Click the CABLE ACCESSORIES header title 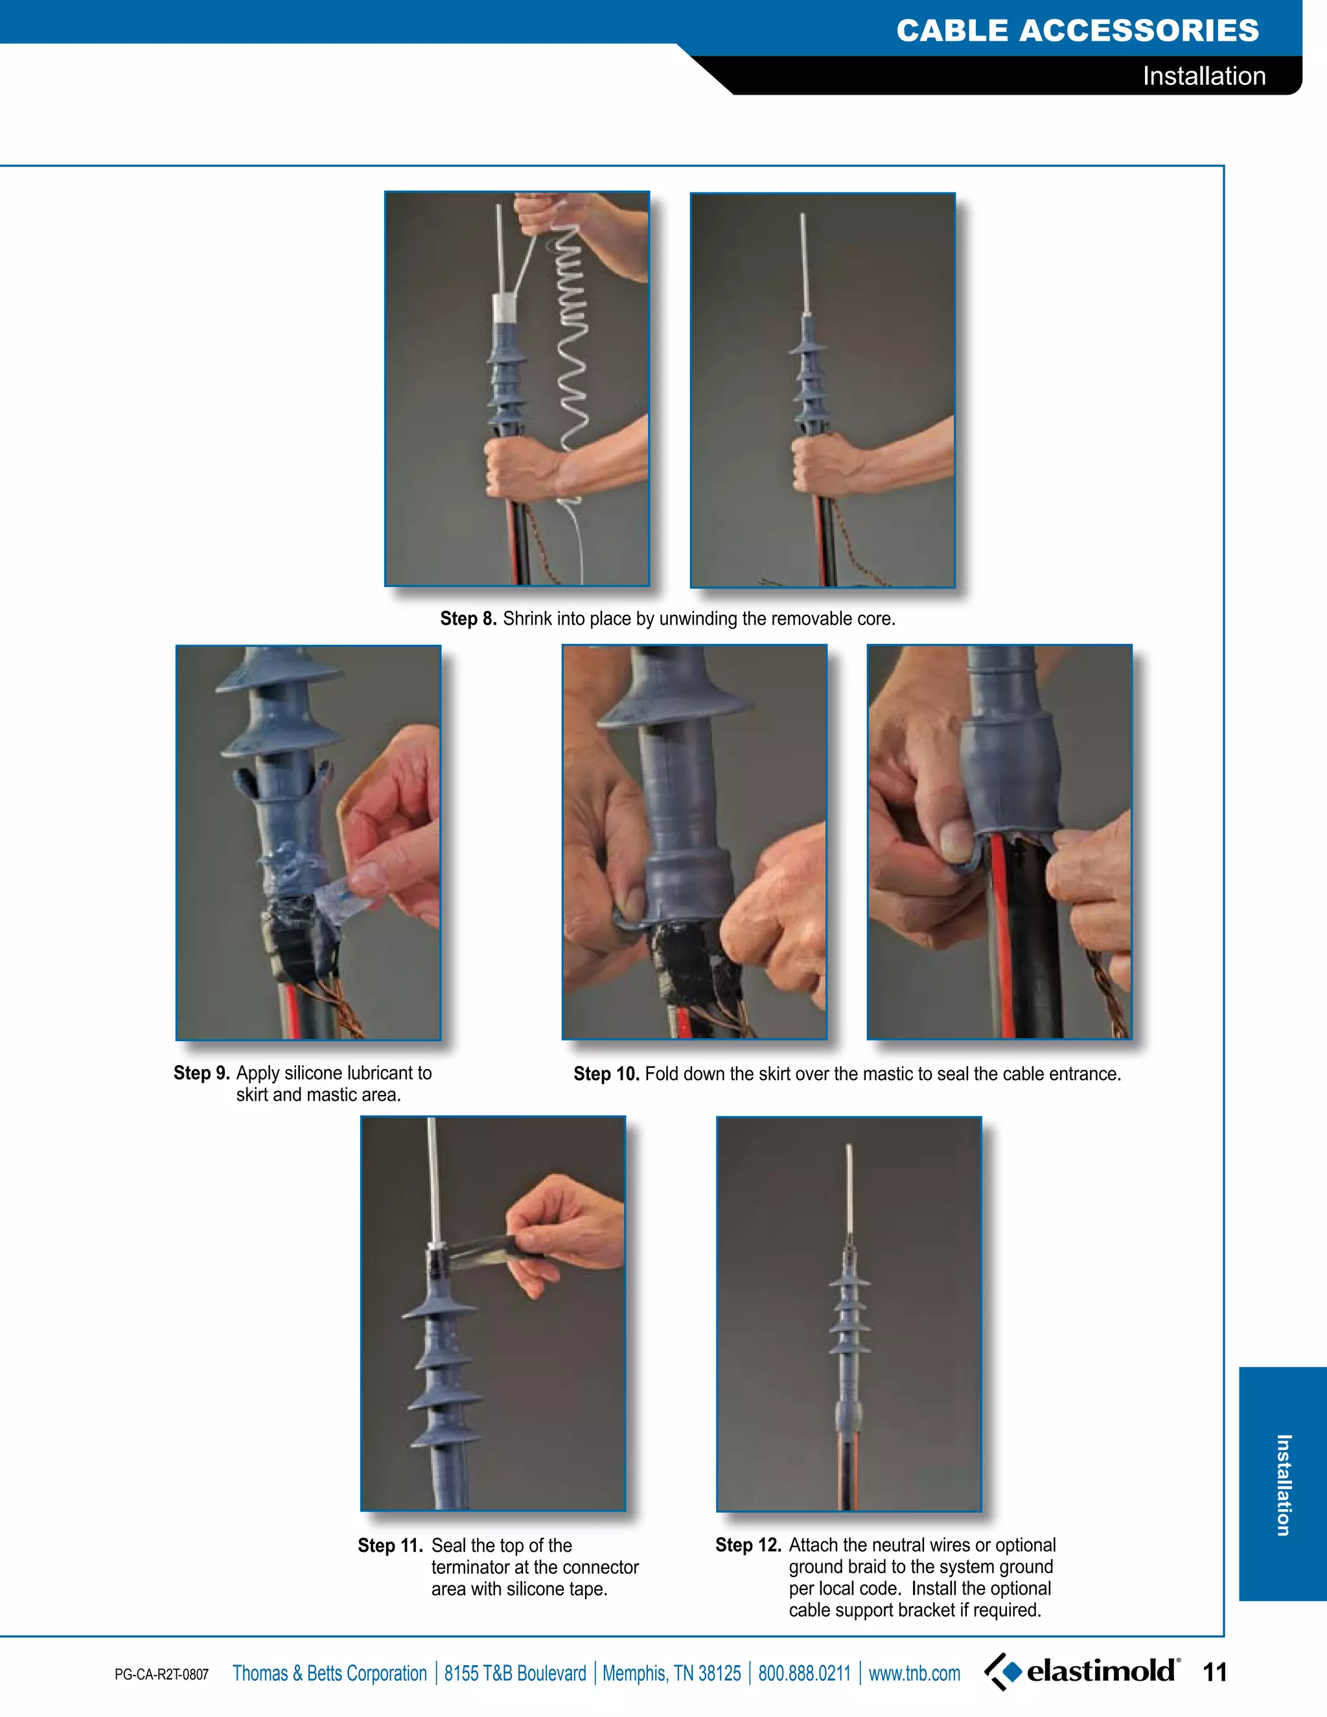point(1077,30)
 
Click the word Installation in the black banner point(1204,76)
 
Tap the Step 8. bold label point(468,619)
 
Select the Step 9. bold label point(202,1073)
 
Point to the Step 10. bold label point(605,1074)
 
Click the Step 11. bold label point(390,1545)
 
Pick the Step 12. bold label point(748,1545)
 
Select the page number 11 point(1215,1672)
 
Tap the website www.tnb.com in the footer point(914,1673)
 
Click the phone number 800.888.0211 point(803,1673)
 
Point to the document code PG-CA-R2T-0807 point(161,1674)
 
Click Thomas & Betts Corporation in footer point(329,1673)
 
